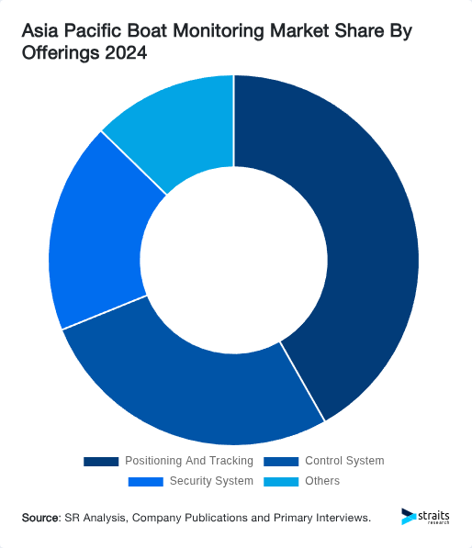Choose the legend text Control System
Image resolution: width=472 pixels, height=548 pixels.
click(344, 461)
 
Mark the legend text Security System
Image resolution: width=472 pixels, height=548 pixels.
click(211, 481)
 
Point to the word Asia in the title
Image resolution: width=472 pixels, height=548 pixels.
click(41, 31)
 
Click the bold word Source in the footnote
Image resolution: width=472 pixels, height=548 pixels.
click(40, 519)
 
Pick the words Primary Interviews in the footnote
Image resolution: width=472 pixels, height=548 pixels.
click(322, 519)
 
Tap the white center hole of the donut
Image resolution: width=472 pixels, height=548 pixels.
click(234, 260)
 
